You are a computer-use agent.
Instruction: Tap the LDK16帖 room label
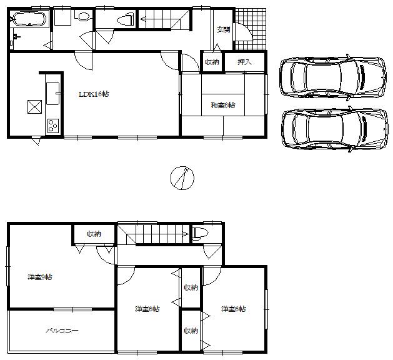click(x=94, y=94)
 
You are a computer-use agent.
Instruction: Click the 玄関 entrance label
click(x=222, y=29)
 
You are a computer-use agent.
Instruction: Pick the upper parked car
click(x=326, y=77)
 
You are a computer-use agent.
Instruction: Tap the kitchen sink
click(x=52, y=93)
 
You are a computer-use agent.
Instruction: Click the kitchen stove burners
click(x=51, y=126)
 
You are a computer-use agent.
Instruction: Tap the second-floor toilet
click(x=200, y=234)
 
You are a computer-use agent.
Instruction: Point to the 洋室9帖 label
click(x=39, y=277)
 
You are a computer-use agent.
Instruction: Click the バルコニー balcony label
click(x=61, y=331)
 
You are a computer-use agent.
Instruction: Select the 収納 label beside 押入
click(x=212, y=62)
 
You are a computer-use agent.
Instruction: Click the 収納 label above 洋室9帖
click(x=94, y=234)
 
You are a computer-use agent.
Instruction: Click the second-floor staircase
click(x=154, y=235)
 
